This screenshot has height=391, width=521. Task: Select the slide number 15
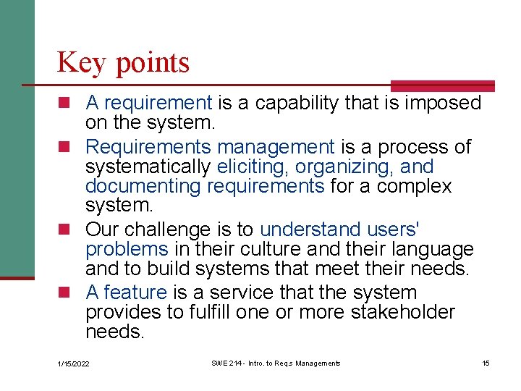coord(486,363)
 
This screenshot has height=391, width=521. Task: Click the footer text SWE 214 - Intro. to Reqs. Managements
coord(276,363)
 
